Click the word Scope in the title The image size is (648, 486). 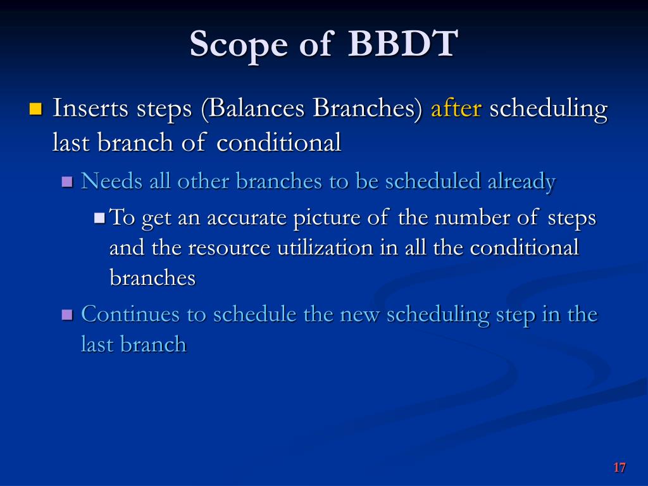click(x=239, y=46)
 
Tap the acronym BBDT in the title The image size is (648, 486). click(x=402, y=43)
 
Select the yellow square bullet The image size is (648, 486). click(x=36, y=109)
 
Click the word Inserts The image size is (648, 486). click(x=90, y=108)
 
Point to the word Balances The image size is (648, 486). click(x=256, y=108)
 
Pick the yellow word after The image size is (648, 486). click(x=456, y=108)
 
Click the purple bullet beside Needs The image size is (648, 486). click(x=67, y=182)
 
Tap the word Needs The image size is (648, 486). click(x=111, y=181)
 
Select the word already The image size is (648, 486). click(x=521, y=182)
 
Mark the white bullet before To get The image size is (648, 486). click(x=99, y=218)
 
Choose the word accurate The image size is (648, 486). click(x=246, y=218)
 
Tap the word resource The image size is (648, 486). click(x=229, y=248)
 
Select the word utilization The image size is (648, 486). click(x=325, y=247)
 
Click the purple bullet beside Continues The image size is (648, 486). click(x=67, y=315)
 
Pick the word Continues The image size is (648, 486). click(x=130, y=314)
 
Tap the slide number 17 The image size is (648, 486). click(x=620, y=468)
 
